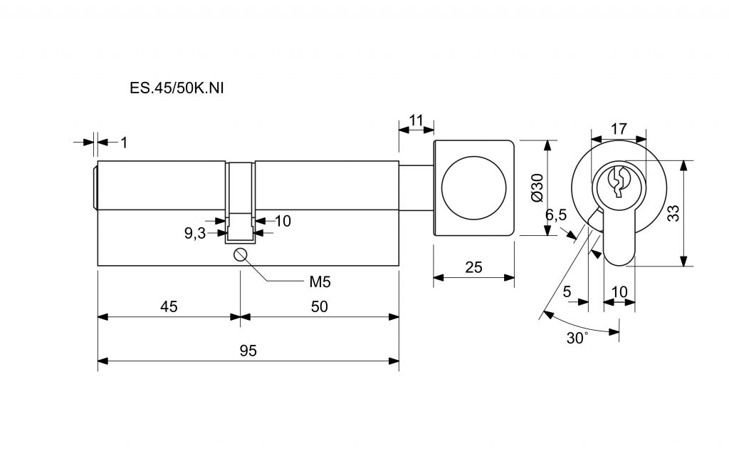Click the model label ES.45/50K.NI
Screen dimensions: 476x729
(x=169, y=88)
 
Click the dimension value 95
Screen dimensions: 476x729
(x=248, y=351)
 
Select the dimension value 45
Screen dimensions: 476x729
(x=169, y=306)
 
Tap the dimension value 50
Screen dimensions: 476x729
(x=319, y=306)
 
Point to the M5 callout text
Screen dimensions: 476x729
(x=320, y=281)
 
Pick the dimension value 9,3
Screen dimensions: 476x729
(x=194, y=233)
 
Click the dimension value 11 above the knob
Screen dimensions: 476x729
(x=416, y=119)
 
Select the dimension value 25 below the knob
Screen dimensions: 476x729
(x=473, y=268)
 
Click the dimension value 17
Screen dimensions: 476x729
(x=619, y=129)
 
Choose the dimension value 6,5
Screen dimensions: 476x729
(x=556, y=214)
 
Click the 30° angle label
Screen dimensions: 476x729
(x=577, y=338)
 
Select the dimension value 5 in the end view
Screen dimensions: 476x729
(x=567, y=291)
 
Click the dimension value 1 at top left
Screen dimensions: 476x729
(x=123, y=143)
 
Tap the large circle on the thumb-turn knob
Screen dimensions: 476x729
(x=475, y=187)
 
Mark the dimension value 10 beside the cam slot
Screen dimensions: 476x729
(x=283, y=221)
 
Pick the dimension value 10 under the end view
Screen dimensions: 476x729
(x=619, y=291)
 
